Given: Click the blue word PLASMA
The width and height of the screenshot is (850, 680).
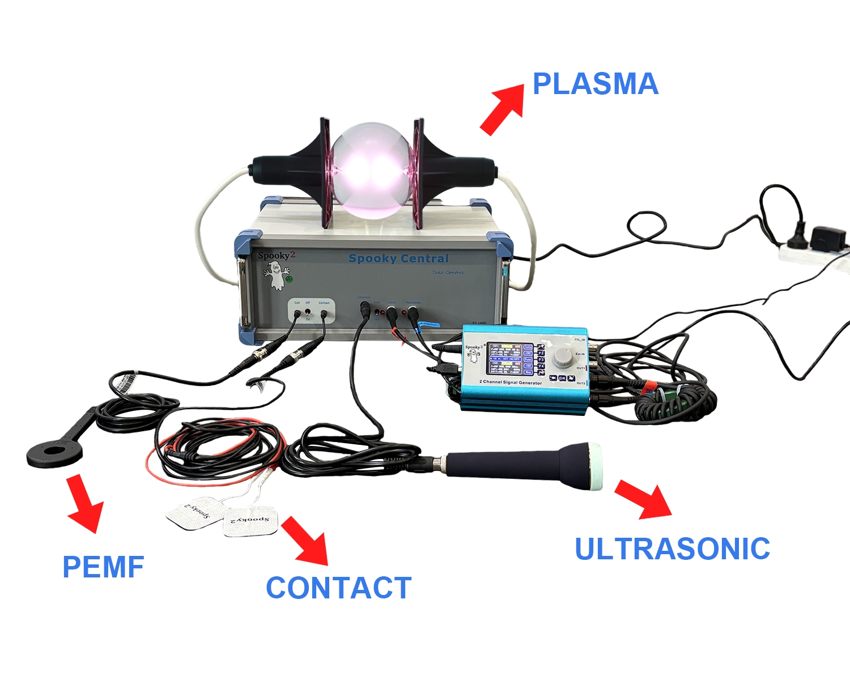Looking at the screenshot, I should [x=595, y=84].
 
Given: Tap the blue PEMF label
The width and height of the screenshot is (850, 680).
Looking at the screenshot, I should [x=103, y=567].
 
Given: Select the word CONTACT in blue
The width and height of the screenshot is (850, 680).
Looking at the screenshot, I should [x=338, y=588].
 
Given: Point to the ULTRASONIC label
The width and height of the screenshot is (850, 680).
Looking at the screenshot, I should [x=672, y=549].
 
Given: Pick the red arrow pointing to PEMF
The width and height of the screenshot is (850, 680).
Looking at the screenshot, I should [x=85, y=504].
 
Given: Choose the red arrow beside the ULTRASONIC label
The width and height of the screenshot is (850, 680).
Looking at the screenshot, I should [x=644, y=499].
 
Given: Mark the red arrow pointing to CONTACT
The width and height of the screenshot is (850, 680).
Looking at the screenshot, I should [x=305, y=541].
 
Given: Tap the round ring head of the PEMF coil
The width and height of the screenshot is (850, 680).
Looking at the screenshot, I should [x=54, y=454].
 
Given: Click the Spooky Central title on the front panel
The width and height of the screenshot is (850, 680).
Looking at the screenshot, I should [x=398, y=258].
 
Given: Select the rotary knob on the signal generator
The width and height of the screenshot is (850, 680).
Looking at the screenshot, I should [x=563, y=356].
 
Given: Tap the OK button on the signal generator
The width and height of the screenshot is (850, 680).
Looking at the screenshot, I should [x=562, y=378].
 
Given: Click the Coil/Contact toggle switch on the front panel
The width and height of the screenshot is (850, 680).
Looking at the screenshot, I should [x=308, y=312].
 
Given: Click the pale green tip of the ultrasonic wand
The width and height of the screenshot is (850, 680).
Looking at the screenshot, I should [x=596, y=466].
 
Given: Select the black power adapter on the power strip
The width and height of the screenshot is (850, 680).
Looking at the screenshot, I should [x=828, y=237].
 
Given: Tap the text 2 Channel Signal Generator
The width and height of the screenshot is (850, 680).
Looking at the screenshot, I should [x=510, y=382].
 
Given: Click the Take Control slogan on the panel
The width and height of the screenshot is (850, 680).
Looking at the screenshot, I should [x=448, y=273].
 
